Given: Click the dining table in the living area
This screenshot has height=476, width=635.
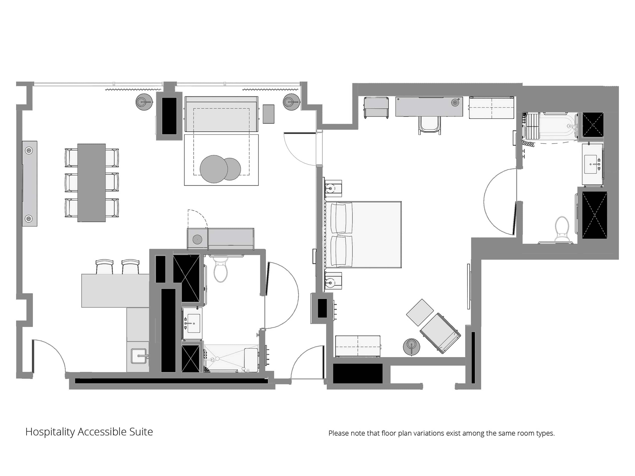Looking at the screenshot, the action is [x=91, y=182].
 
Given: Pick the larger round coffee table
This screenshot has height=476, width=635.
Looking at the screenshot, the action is [x=214, y=169].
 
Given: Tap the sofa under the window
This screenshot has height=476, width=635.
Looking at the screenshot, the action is [x=221, y=114].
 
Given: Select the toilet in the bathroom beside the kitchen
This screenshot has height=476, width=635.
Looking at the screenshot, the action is [x=221, y=268].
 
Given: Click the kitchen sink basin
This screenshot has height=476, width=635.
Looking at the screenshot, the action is [x=139, y=356].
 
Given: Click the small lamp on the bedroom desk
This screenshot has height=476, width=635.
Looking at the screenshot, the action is [x=455, y=102].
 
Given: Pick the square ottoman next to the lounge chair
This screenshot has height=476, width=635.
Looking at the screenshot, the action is [x=420, y=312].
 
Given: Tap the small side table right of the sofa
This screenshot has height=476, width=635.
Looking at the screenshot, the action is [x=268, y=114].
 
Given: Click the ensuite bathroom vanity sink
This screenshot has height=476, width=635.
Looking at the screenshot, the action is [x=592, y=164].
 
